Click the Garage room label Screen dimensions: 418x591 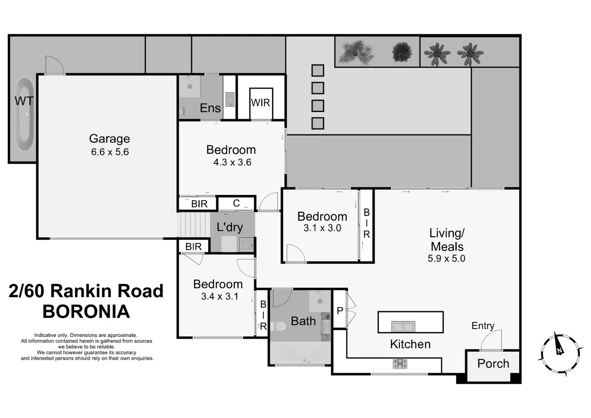coord(110,139)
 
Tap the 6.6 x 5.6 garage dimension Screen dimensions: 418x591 coord(110,152)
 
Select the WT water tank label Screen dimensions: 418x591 coord(24,101)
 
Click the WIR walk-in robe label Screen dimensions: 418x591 coord(260,103)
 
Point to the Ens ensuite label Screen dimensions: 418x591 coord(210,108)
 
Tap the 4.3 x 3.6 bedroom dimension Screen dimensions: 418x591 coord(232,162)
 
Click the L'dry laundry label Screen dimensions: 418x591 coord(230,227)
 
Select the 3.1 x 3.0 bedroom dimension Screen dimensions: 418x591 coord(322,228)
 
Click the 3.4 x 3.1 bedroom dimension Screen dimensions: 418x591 coord(219,296)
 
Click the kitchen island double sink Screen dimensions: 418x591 coord(403,327)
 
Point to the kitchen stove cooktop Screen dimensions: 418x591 coord(400,363)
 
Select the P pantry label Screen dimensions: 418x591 coord(340,310)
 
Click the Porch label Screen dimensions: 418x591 coord(493,363)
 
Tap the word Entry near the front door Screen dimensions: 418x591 coord(483,325)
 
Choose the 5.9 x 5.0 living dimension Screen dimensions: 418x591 coord(446,259)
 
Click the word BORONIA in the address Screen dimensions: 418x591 coord(86,312)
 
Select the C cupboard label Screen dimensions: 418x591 coord(236,203)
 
